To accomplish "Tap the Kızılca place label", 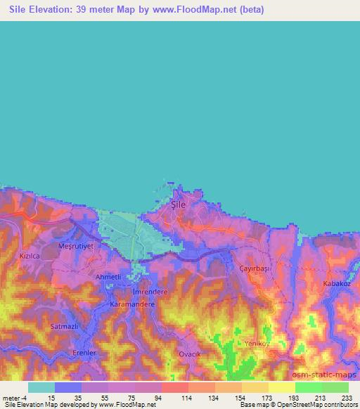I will [x=32, y=257].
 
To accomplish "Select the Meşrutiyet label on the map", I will [x=75, y=247].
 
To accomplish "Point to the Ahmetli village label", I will [x=108, y=277].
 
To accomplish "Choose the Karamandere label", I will [x=132, y=305].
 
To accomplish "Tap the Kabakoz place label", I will [x=336, y=283].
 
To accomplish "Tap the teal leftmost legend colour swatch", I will [x=41, y=387].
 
